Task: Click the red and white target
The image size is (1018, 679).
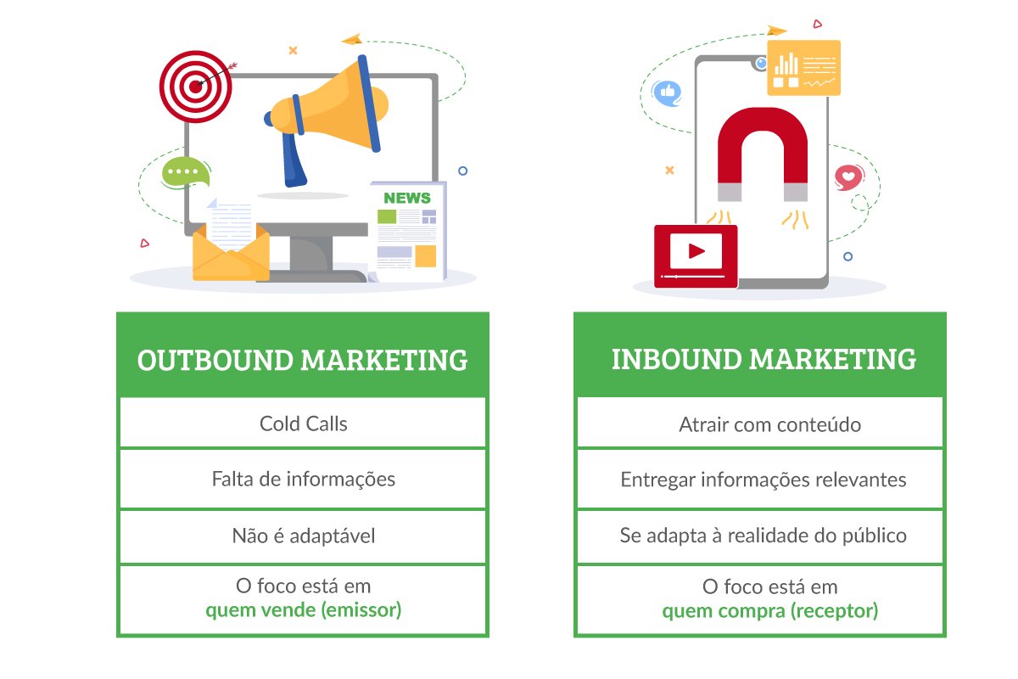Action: pyautogui.click(x=195, y=87)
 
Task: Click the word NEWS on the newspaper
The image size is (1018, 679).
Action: pyautogui.click(x=406, y=198)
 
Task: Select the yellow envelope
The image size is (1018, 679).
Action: pyautogui.click(x=231, y=252)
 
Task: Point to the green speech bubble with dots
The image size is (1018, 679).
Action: pyautogui.click(x=186, y=172)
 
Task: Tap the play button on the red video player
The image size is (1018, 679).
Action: pyautogui.click(x=696, y=251)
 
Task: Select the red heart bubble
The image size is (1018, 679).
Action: pyautogui.click(x=848, y=177)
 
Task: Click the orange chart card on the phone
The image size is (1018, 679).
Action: pyautogui.click(x=803, y=68)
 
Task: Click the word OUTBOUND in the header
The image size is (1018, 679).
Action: pyautogui.click(x=215, y=360)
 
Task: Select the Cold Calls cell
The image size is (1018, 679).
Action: pyautogui.click(x=303, y=423)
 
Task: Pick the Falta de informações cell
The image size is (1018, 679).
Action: pyautogui.click(x=303, y=479)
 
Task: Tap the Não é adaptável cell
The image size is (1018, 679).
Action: pyautogui.click(x=303, y=536)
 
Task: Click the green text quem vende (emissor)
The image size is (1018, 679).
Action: pyautogui.click(x=303, y=610)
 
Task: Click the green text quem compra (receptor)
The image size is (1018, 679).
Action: pyautogui.click(x=770, y=611)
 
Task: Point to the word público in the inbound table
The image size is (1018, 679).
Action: pyautogui.click(x=875, y=536)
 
